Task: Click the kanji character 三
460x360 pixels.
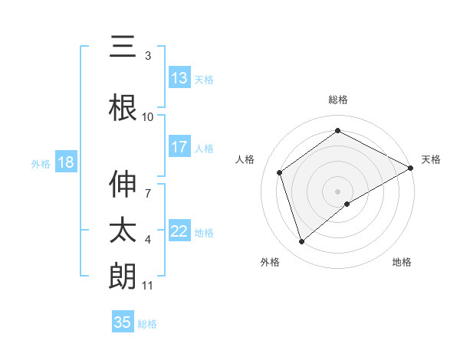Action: click(123, 47)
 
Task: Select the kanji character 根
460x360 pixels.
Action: click(123, 107)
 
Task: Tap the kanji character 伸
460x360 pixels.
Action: click(123, 184)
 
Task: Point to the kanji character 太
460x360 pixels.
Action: click(123, 230)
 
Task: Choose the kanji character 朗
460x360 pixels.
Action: click(123, 276)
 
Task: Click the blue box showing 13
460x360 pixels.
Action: click(179, 78)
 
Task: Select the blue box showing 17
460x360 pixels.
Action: click(179, 147)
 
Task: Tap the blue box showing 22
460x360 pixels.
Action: click(179, 231)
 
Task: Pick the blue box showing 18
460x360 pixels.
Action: click(65, 162)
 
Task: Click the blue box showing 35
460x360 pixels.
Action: click(123, 322)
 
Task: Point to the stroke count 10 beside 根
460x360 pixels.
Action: click(148, 117)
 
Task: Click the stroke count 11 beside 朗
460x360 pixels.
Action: click(148, 286)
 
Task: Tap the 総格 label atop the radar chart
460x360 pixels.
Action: click(338, 100)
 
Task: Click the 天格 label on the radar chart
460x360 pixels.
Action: click(431, 159)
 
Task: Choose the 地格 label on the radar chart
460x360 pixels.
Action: click(402, 262)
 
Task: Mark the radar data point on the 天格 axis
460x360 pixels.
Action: click(411, 168)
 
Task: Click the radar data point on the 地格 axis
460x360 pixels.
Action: click(347, 204)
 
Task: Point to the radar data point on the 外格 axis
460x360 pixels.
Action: click(301, 242)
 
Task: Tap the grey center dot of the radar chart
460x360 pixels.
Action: click(338, 191)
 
